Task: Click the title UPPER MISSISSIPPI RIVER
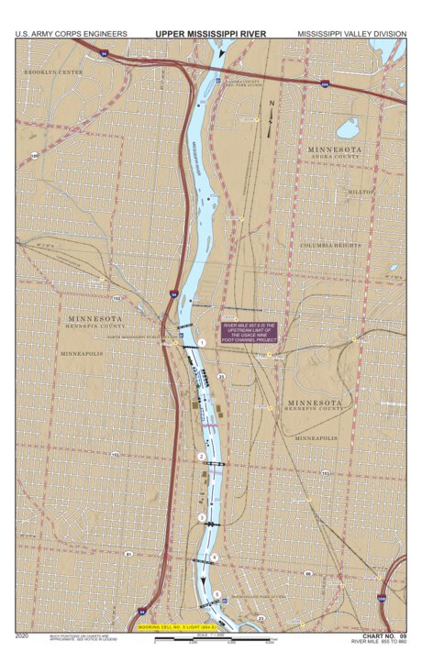point(211,34)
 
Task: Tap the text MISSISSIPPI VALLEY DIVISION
point(351,34)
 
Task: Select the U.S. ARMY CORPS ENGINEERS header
point(71,34)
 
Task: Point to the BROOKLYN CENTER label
point(53,72)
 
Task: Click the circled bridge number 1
point(201,342)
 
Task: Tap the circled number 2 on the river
point(201,456)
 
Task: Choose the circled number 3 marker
point(202,518)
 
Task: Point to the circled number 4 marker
point(215,557)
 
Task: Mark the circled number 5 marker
point(217,595)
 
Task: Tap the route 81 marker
point(128,555)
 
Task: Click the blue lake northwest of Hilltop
point(348,128)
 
